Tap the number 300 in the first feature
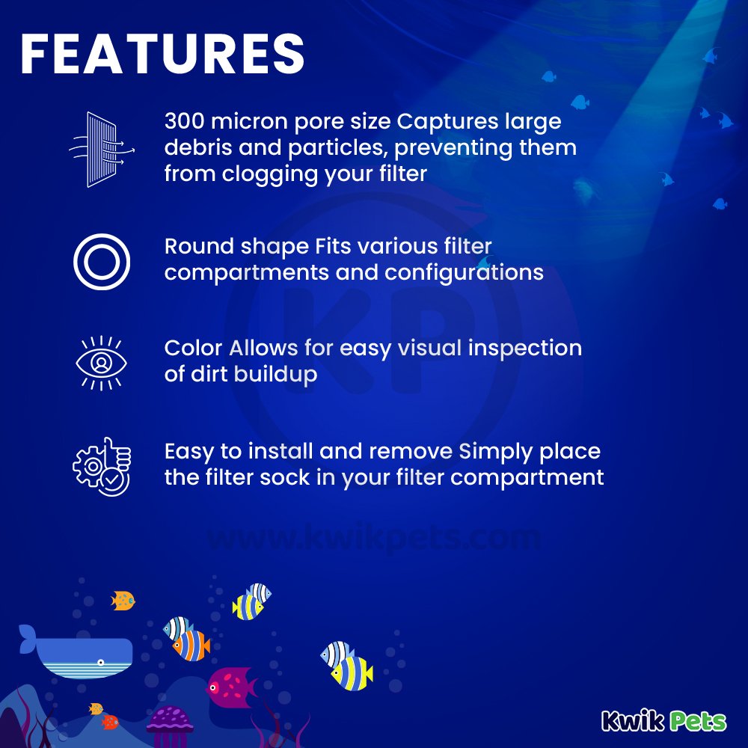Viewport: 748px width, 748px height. (x=185, y=121)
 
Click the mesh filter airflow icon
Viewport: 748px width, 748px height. (x=102, y=150)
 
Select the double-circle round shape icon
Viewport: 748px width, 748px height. (x=102, y=262)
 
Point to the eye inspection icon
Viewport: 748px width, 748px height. (x=101, y=363)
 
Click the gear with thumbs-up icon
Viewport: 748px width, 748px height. (x=102, y=467)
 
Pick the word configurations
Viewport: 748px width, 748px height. (x=464, y=273)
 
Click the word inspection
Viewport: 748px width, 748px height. (x=525, y=349)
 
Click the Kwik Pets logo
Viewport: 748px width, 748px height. (x=663, y=720)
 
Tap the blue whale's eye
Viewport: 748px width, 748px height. (x=101, y=662)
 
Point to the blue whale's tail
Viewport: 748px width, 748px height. (x=28, y=638)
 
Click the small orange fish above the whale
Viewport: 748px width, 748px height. (x=123, y=601)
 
